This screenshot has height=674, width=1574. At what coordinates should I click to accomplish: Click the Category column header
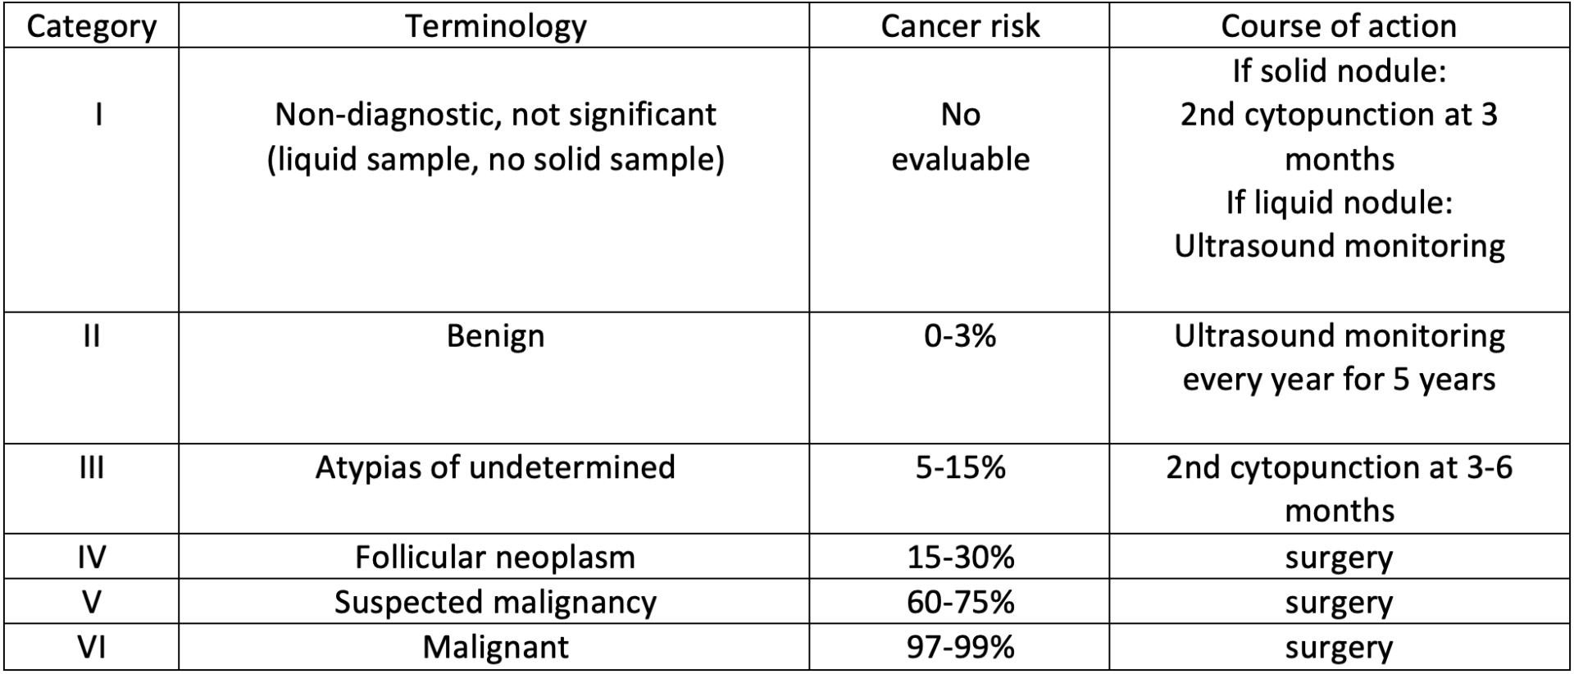point(91,26)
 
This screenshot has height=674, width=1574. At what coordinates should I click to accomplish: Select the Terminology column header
point(495,26)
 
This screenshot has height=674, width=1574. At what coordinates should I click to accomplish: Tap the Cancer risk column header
point(959,26)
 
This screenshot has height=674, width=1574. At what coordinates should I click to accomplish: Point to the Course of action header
point(1338,26)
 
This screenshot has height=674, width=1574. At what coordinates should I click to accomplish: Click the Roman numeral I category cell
point(98,114)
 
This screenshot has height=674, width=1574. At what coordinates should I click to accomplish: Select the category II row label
point(91,336)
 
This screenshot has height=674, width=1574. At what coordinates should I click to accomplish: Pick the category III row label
point(91,467)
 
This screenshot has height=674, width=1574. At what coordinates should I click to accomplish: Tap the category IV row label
point(91,558)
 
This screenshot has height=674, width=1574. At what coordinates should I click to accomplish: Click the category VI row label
point(91,648)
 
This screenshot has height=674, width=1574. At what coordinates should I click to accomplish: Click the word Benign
point(495,336)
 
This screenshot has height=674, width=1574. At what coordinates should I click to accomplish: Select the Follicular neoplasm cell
point(495,558)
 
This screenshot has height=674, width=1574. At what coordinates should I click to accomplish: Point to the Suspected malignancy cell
point(495,603)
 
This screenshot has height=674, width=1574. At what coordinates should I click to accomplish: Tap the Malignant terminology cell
point(495,648)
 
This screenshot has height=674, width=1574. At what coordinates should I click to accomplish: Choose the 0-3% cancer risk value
point(959,336)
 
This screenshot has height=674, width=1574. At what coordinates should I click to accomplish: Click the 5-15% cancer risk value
point(959,467)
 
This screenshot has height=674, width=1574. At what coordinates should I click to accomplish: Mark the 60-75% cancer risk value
point(959,603)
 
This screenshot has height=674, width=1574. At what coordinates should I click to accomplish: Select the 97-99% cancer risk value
point(959,648)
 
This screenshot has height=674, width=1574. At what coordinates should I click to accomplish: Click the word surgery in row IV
point(1338,558)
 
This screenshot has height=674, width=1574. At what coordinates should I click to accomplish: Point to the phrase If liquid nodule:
point(1338,203)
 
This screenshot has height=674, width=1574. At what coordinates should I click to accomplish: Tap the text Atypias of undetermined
point(495,467)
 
